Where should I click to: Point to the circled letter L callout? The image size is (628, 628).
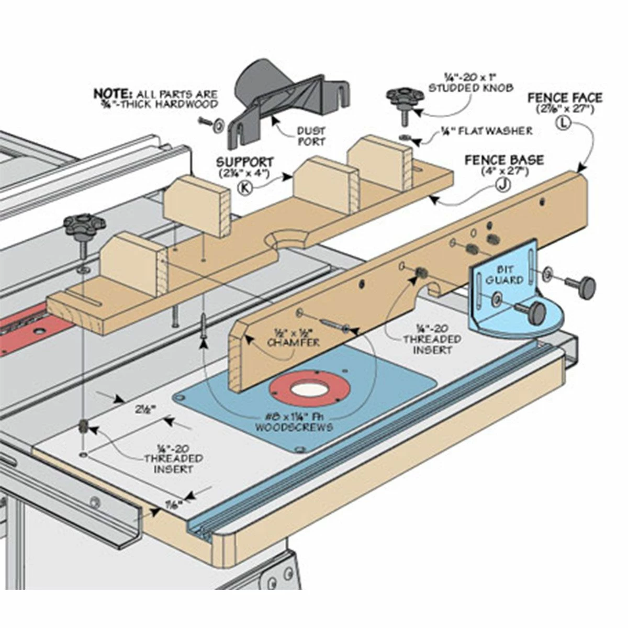pyautogui.click(x=564, y=123)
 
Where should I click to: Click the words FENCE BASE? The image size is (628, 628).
pyautogui.click(x=503, y=160)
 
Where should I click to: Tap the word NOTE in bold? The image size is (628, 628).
pyautogui.click(x=113, y=94)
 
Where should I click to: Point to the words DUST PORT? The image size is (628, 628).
pyautogui.click(x=311, y=136)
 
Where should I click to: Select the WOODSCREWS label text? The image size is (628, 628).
pyautogui.click(x=294, y=427)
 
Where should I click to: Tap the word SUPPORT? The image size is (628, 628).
pyautogui.click(x=245, y=162)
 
